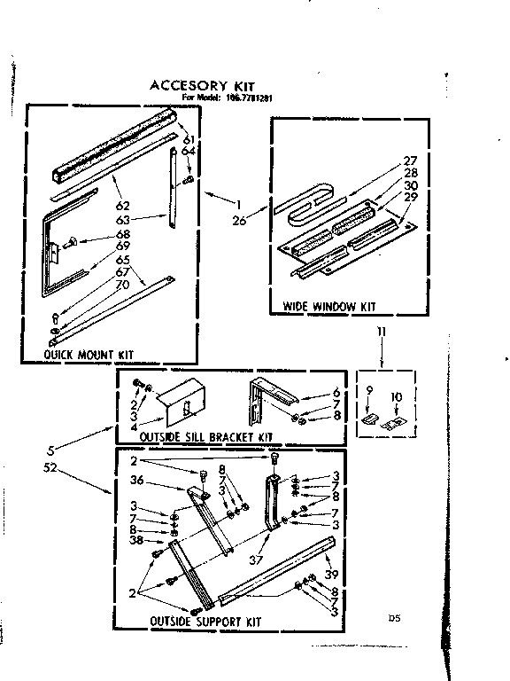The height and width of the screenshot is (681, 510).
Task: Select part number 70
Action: point(121,286)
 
